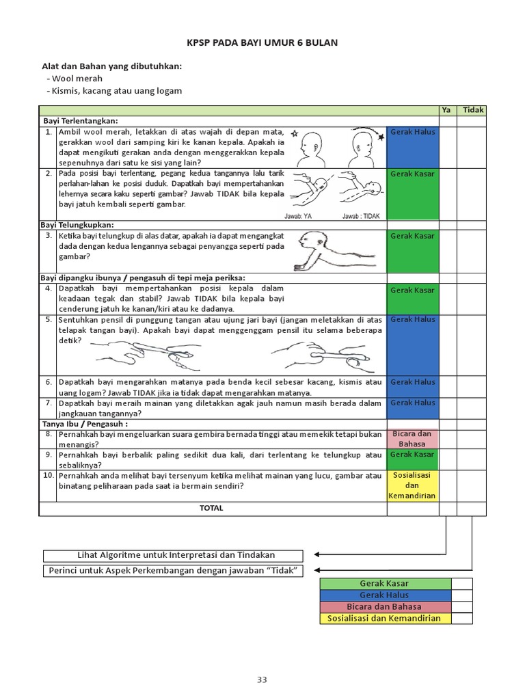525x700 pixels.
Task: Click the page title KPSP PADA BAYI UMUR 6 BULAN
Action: tap(262, 43)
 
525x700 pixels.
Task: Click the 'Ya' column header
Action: tap(447, 110)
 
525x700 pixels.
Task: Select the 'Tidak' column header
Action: tap(472, 110)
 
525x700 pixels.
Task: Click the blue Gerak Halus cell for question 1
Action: tap(413, 146)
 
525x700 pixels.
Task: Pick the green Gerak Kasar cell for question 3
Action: tap(413, 251)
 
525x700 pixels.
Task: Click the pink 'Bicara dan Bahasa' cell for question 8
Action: tap(413, 438)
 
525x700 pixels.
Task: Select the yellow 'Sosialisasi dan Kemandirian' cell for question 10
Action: tap(413, 485)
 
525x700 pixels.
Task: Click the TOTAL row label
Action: tap(211, 509)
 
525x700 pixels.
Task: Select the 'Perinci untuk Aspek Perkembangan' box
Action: tap(174, 571)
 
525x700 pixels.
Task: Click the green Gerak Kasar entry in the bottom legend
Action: tap(386, 584)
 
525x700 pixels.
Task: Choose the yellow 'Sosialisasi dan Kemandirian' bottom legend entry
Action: tap(386, 619)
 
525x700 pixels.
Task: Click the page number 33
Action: tap(262, 679)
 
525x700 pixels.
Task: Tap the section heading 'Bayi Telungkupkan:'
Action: tap(77, 225)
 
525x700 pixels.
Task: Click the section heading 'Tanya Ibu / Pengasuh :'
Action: tap(85, 424)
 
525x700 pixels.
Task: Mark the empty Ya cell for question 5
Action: tap(447, 345)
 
